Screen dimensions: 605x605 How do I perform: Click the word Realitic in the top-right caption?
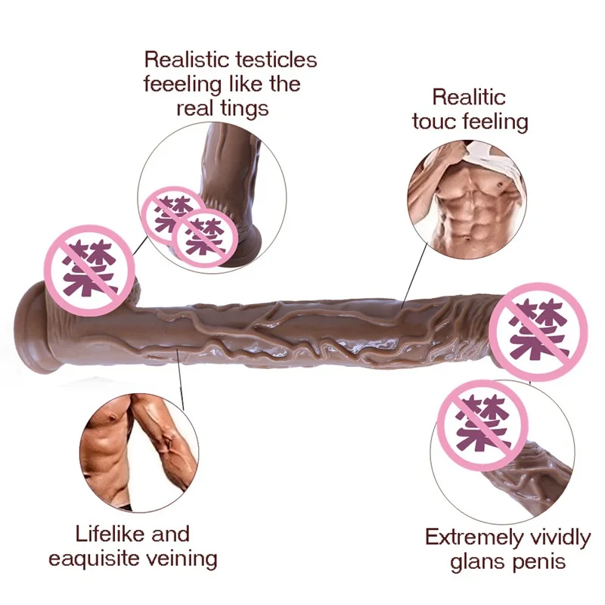[469, 97]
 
